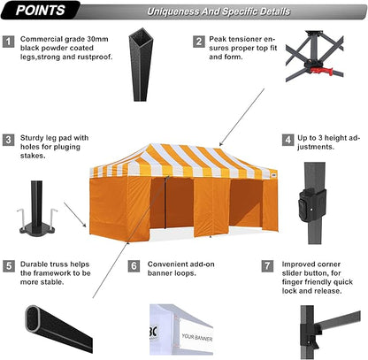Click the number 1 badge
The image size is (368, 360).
[8, 41]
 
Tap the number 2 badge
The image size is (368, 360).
[199, 41]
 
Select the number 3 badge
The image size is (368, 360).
[8, 140]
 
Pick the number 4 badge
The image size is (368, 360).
[288, 140]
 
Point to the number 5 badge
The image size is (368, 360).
[8, 264]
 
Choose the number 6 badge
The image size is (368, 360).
[134, 264]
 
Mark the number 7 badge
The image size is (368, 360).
[268, 264]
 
